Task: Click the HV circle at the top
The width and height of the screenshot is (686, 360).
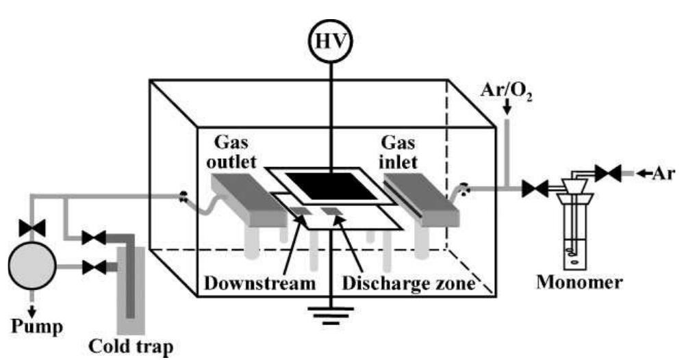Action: coord(331,40)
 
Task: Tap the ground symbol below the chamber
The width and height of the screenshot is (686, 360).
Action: coord(331,316)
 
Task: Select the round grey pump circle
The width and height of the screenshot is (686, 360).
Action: coord(32,266)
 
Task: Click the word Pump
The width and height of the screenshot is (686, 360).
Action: coord(37,327)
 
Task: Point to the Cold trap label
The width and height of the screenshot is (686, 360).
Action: coord(131,347)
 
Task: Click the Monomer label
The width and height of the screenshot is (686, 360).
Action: coord(579,282)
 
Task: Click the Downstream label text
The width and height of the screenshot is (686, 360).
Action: coord(260,283)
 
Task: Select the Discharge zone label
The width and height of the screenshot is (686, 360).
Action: coord(409,283)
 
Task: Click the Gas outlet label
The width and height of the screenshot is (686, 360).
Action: coord(231,152)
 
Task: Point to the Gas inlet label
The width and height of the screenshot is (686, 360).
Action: coord(398,152)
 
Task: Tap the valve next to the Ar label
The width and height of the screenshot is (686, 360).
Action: coord(607,174)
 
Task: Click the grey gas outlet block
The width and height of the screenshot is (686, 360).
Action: coord(249,199)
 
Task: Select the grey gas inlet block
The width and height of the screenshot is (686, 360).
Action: coord(421,199)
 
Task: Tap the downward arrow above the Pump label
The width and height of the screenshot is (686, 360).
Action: coord(32,310)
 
